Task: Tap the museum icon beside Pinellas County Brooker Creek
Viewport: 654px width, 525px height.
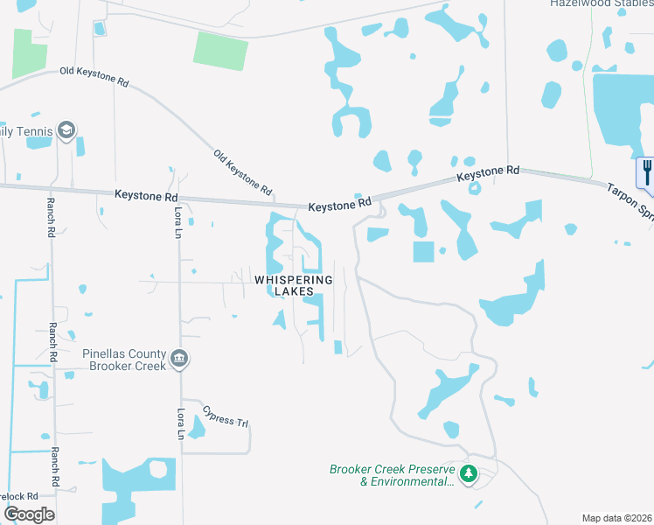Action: coord(180,359)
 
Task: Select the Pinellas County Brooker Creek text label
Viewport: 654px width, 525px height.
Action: coord(123,360)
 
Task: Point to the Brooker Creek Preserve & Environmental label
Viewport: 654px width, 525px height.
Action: coord(393,475)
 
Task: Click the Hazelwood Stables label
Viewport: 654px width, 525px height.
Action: coord(602,3)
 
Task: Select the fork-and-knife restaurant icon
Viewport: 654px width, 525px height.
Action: coord(646,170)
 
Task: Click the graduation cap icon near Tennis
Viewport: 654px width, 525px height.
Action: coord(66,131)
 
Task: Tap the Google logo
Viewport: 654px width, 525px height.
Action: coord(29,514)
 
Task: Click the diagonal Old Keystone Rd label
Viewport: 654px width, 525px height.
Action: coord(243,171)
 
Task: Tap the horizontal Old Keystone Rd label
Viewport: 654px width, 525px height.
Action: coord(94,77)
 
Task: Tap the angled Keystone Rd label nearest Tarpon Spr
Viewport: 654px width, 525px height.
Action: coord(488,175)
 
